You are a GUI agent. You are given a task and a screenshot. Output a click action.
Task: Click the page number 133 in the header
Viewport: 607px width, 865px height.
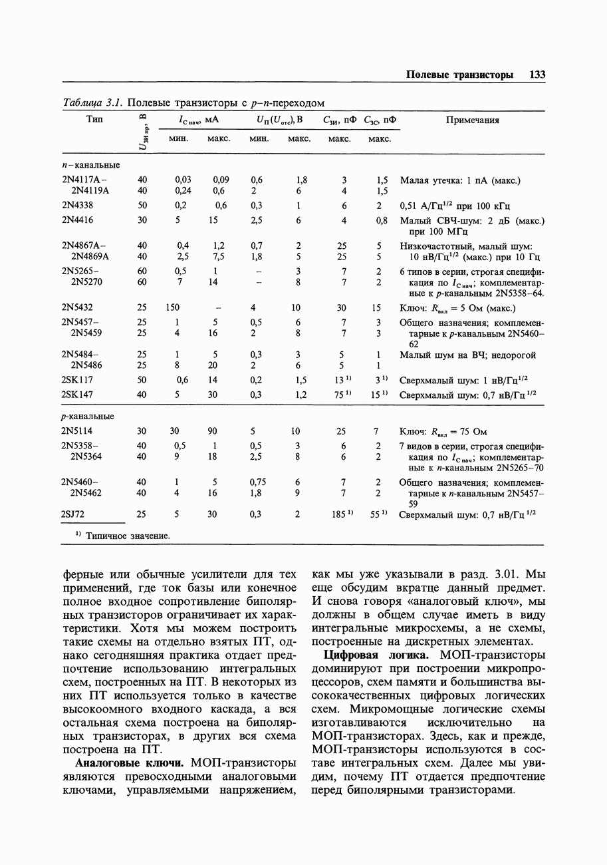coord(537,75)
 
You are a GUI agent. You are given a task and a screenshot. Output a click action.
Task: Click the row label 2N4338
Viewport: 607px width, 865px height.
coord(77,206)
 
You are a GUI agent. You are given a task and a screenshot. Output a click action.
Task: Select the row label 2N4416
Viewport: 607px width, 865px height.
coord(77,220)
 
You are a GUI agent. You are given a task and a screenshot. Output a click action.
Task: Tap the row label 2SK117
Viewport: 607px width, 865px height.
coord(77,380)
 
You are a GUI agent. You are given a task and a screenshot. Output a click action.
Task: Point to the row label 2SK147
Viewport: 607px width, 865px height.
coord(77,395)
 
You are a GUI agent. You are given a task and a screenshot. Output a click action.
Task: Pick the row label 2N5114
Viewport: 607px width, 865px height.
coord(77,431)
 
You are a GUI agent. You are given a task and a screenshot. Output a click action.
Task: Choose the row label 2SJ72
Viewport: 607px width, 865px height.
coord(73,514)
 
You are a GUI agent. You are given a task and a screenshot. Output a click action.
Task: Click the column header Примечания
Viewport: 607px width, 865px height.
coord(472,120)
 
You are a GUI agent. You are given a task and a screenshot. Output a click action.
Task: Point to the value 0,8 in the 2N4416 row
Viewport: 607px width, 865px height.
coord(381,220)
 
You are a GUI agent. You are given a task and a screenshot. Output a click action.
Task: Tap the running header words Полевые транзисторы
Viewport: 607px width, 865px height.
coord(459,75)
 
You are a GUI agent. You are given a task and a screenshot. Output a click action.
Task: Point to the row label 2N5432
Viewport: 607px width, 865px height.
coord(77,307)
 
